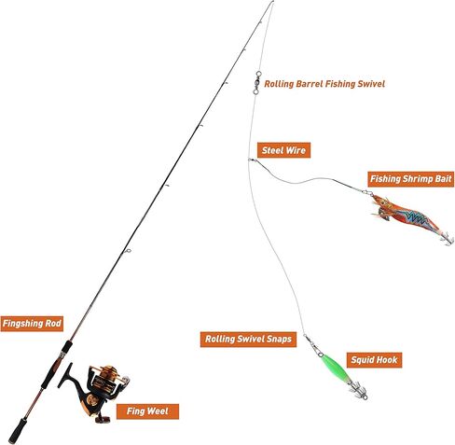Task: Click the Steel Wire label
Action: click(x=283, y=150)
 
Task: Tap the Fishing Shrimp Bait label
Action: click(x=411, y=179)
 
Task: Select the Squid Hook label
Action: click(x=374, y=360)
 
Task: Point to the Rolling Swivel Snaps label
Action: click(x=248, y=340)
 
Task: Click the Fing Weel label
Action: click(x=147, y=411)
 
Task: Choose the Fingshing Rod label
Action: click(x=32, y=324)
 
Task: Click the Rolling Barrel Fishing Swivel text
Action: click(x=324, y=84)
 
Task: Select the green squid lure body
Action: click(x=335, y=369)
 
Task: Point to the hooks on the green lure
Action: click(x=358, y=391)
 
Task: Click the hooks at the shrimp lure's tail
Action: click(x=447, y=239)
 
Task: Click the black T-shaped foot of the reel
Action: click(x=66, y=375)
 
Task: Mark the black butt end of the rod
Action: click(x=17, y=431)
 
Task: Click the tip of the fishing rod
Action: click(x=273, y=2)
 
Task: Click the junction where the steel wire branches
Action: click(x=250, y=160)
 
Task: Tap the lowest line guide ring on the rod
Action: click(x=128, y=251)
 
